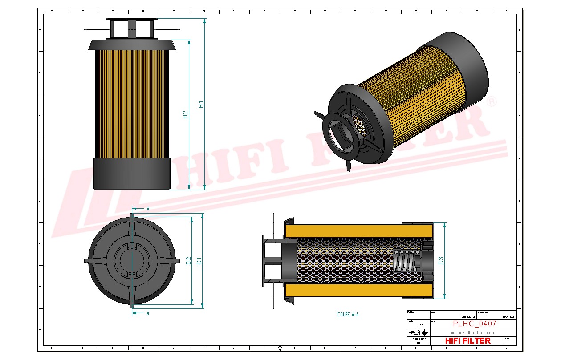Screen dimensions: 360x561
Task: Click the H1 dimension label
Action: [201, 105]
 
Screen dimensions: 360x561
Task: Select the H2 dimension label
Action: [186, 114]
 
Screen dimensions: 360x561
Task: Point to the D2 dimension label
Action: [188, 261]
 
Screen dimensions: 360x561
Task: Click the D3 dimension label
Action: [441, 261]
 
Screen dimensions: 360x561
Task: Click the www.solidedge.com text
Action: [472, 332]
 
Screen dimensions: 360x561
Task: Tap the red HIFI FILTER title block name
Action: [467, 341]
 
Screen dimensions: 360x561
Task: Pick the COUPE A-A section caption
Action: [348, 315]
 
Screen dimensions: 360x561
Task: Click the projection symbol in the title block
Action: [419, 332]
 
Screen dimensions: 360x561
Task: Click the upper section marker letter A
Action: [148, 208]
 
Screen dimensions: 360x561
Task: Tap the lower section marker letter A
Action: [148, 313]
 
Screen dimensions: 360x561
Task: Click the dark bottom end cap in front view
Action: [132, 174]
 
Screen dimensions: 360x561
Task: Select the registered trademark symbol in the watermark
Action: [492, 102]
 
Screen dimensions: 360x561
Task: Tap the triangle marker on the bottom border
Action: [280, 348]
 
